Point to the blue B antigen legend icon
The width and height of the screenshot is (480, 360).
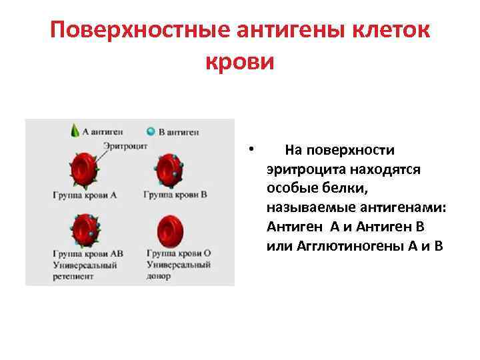click(x=151, y=131)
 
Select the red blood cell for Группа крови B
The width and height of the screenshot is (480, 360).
click(x=171, y=171)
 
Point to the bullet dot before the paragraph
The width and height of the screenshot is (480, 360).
click(x=248, y=149)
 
